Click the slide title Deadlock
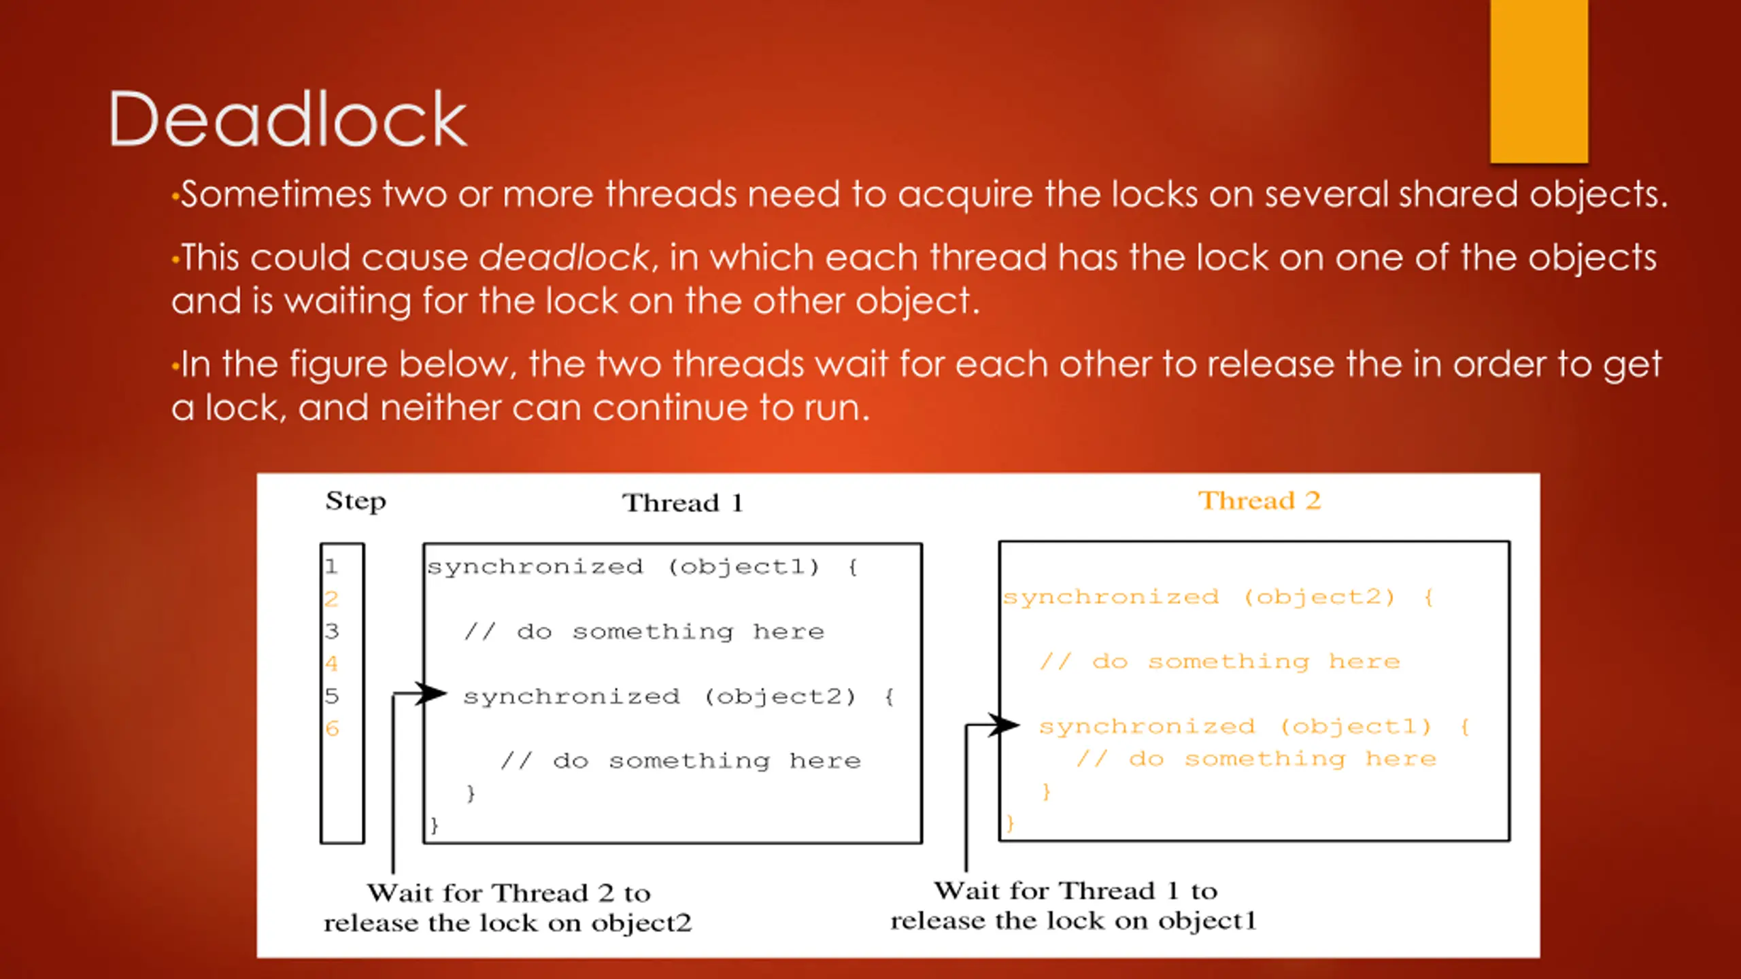pyautogui.click(x=288, y=120)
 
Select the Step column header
pyautogui.click(x=355, y=501)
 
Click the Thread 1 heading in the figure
pyautogui.click(x=683, y=503)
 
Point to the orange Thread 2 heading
pyautogui.click(x=1259, y=501)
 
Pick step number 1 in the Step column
pyautogui.click(x=331, y=566)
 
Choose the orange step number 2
pyautogui.click(x=331, y=599)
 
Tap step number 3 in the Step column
pyautogui.click(x=331, y=632)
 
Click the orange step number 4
pyautogui.click(x=331, y=664)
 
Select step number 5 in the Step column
pyautogui.click(x=331, y=696)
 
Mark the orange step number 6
pyautogui.click(x=332, y=729)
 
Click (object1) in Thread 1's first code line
pyautogui.click(x=744, y=567)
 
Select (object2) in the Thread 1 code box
pyautogui.click(x=780, y=697)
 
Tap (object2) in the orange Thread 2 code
pyautogui.click(x=1319, y=598)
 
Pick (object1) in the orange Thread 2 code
pyautogui.click(x=1356, y=727)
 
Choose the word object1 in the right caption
pyautogui.click(x=1207, y=921)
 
